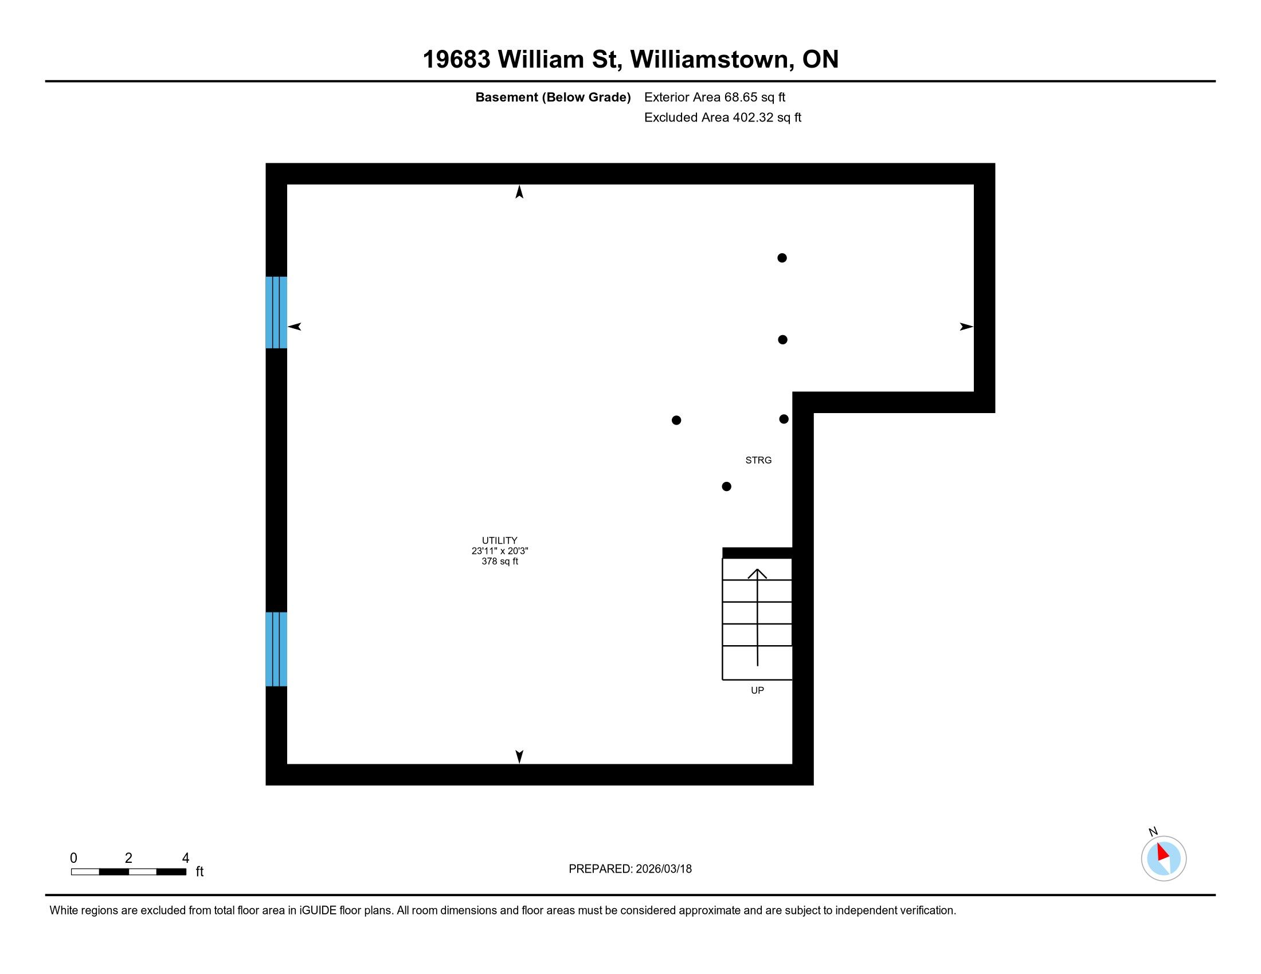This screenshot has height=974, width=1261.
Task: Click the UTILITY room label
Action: point(499,541)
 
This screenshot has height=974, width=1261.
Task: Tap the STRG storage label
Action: point(758,461)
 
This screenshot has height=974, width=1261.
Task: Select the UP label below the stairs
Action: point(757,691)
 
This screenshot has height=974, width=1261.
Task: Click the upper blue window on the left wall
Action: point(276,313)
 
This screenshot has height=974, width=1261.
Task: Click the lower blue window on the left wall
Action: point(276,649)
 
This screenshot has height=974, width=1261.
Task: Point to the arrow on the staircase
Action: point(757,618)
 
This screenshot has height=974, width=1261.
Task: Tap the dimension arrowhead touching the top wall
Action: point(519,192)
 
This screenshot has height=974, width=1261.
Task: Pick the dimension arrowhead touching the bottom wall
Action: point(519,756)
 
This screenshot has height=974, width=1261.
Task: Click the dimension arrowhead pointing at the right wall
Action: point(966,327)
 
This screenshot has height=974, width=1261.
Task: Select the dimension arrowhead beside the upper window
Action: point(295,327)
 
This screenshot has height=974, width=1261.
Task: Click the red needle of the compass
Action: point(1162,853)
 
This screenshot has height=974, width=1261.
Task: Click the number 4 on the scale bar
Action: point(185,858)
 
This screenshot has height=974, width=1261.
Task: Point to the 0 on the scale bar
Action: point(74,858)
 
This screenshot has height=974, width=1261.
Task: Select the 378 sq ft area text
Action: point(499,561)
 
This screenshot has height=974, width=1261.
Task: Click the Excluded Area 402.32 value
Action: point(767,117)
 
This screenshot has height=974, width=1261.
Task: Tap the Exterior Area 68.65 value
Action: point(755,97)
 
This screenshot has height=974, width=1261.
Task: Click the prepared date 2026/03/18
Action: point(663,869)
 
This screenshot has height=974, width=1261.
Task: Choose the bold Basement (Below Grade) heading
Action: point(553,97)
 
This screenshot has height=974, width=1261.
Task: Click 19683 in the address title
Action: point(456,60)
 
